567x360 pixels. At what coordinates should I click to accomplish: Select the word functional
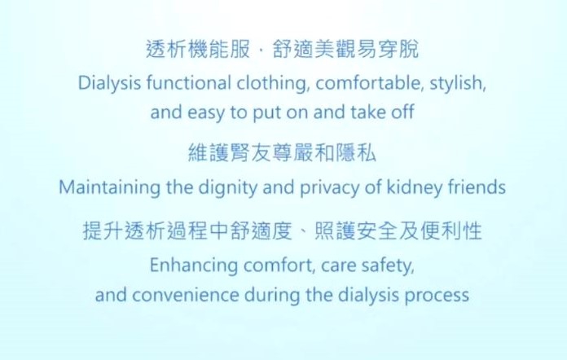pos(188,83)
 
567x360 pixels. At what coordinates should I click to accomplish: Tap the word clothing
pos(273,84)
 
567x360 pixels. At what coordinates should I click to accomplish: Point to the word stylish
pos(458,84)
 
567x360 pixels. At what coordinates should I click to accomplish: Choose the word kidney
pos(415,188)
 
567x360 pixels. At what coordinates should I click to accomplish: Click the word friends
pos(477,187)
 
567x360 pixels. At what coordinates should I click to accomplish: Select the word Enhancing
pos(193,266)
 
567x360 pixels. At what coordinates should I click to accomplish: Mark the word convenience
pos(185,296)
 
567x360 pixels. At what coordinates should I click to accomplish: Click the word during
pos(272,296)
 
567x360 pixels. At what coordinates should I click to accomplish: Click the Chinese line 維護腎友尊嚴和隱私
pos(283,152)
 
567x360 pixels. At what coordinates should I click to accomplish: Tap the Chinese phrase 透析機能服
pos(198,49)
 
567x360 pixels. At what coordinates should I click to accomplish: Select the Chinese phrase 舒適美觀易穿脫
pos(345,49)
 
